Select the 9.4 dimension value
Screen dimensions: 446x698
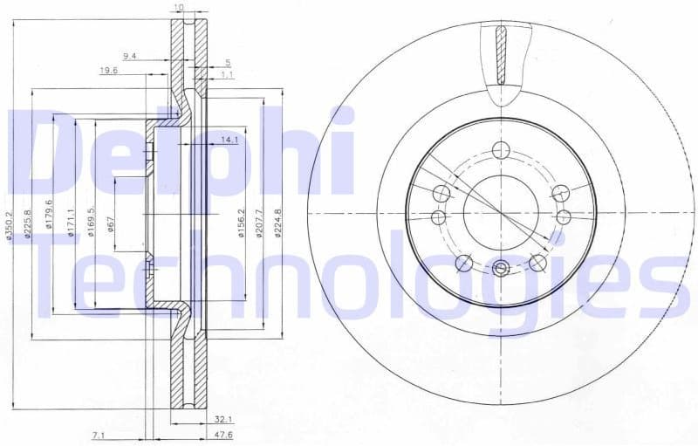click(130, 56)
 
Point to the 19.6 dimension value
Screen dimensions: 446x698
click(108, 71)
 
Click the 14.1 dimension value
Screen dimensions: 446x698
click(229, 139)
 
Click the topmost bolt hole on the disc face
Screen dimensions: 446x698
click(500, 149)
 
